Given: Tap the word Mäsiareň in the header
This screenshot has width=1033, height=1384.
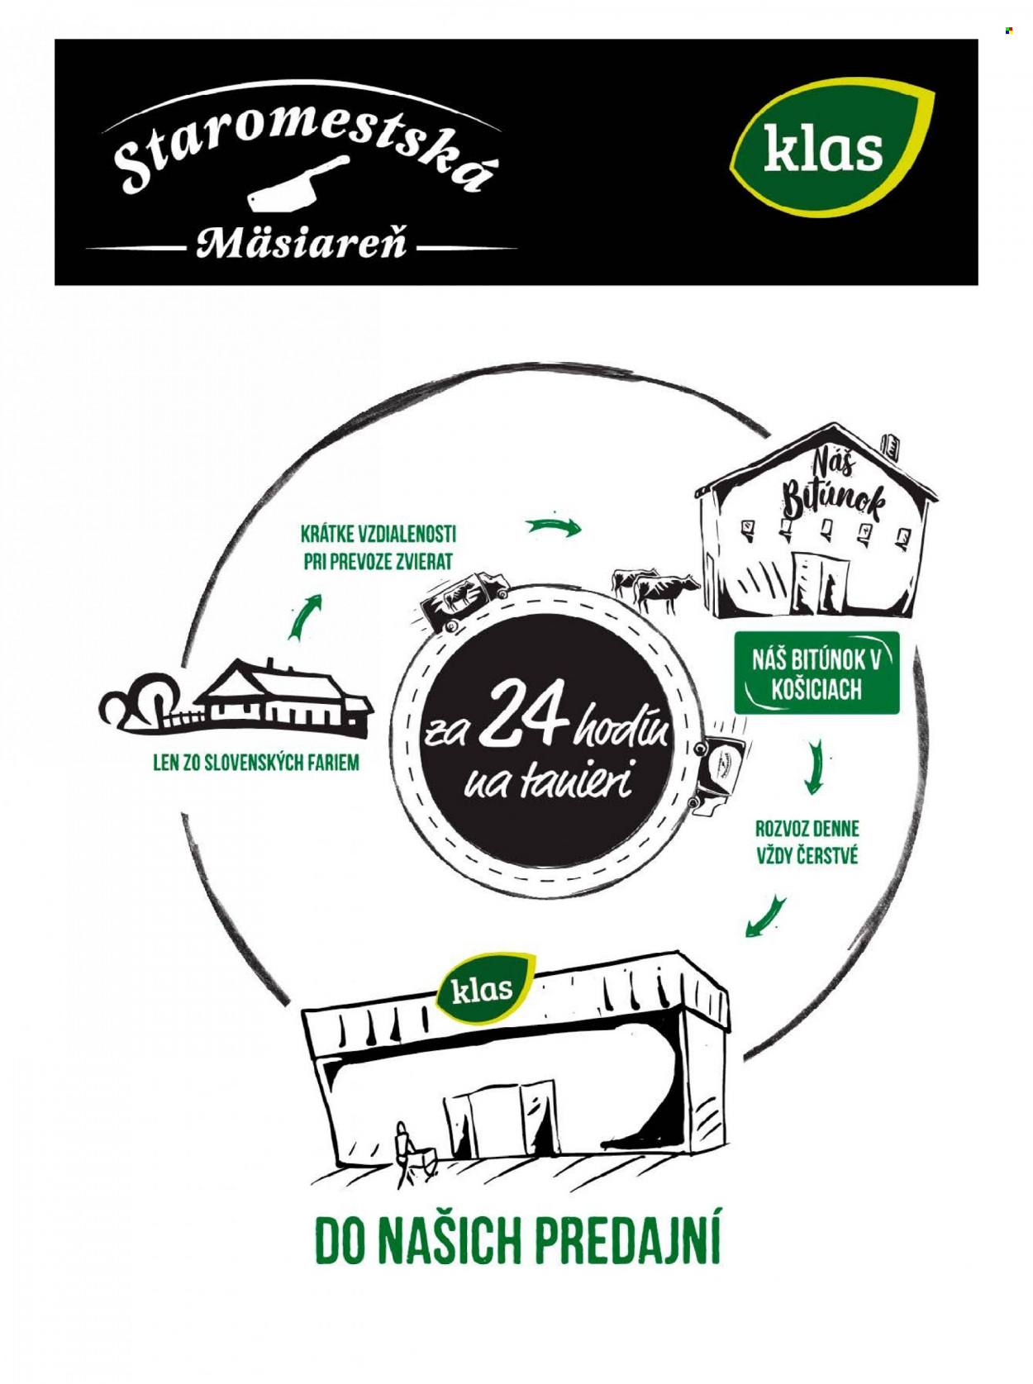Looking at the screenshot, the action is point(301,243).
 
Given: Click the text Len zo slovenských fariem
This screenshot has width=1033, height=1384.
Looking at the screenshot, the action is point(256,763).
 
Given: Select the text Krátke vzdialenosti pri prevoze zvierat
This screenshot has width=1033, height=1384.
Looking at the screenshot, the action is point(378,548).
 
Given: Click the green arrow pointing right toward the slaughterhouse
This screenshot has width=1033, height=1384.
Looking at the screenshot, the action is point(555,526).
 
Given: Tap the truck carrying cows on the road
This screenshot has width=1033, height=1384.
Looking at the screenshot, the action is point(464,601).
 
